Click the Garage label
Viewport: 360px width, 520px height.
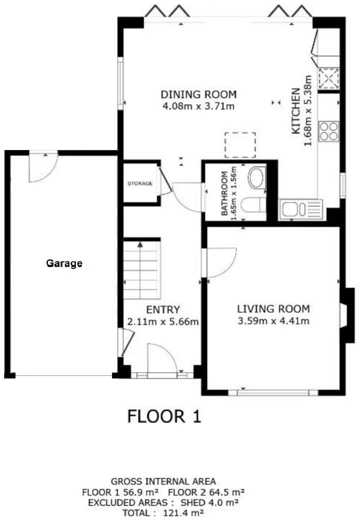[x=64, y=263]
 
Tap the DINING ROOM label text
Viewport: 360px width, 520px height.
[x=198, y=94]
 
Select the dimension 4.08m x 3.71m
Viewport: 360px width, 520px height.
[x=198, y=106]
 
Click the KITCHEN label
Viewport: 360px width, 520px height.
[x=295, y=111]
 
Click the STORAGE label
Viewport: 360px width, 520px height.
[x=139, y=183]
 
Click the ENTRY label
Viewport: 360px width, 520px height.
[x=163, y=310]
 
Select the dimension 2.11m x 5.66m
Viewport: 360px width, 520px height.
[x=163, y=321]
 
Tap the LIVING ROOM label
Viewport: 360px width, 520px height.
[x=273, y=308]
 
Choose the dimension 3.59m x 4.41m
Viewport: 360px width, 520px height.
[x=273, y=320]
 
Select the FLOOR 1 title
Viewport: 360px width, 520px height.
[x=164, y=416]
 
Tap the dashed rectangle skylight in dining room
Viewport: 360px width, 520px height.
[x=240, y=144]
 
